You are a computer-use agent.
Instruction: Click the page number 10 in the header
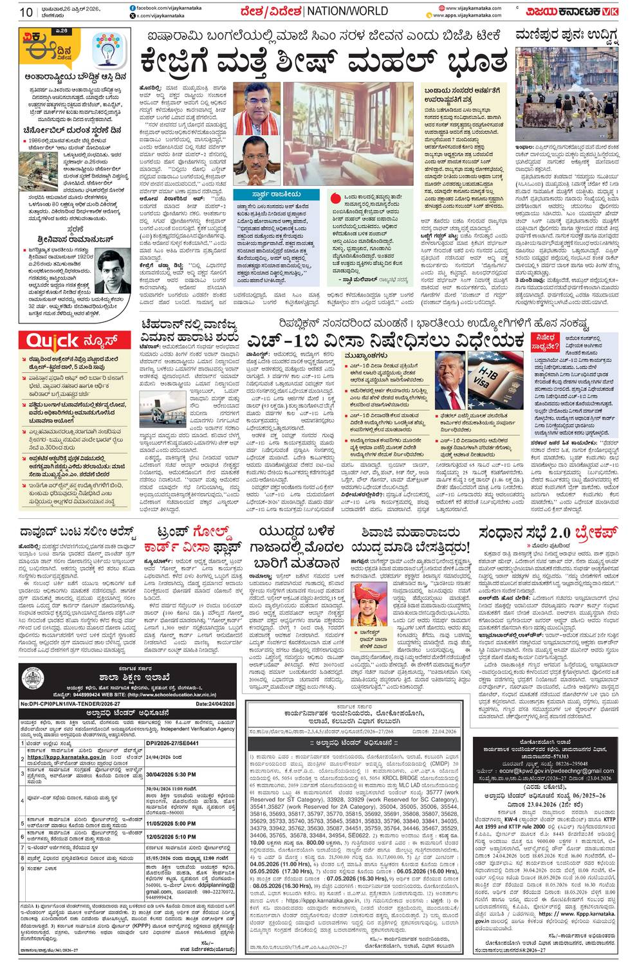point(26,12)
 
